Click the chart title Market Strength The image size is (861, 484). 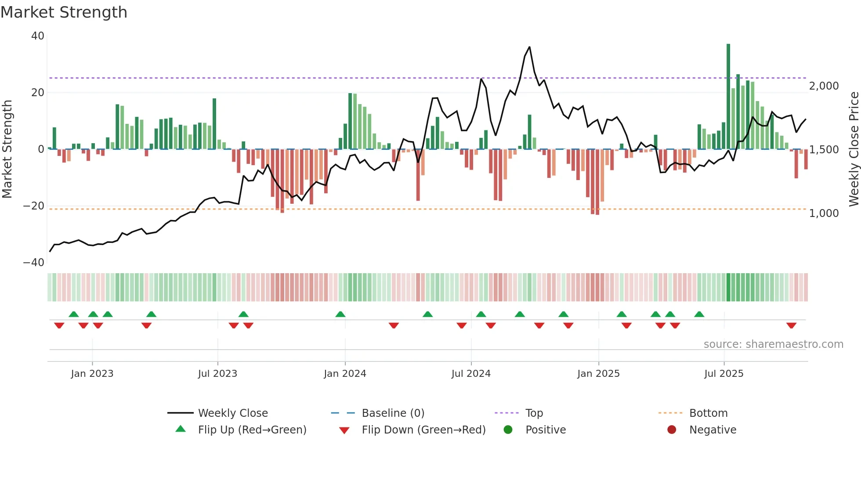pyautogui.click(x=64, y=12)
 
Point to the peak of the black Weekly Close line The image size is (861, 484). pyautogui.click(x=529, y=47)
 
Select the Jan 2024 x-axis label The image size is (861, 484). pyautogui.click(x=345, y=374)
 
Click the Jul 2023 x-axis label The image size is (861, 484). pyautogui.click(x=217, y=374)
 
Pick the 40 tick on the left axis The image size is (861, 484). pyautogui.click(x=38, y=36)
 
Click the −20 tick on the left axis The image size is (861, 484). pyautogui.click(x=34, y=206)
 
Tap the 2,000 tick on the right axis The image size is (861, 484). pyautogui.click(x=824, y=86)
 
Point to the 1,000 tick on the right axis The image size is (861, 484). pyautogui.click(x=824, y=213)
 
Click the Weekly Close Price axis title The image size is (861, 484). pyautogui.click(x=854, y=149)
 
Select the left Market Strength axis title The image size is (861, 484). pyautogui.click(x=7, y=149)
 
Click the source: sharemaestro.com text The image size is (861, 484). pyautogui.click(x=773, y=344)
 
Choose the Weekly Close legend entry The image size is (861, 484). pyautogui.click(x=232, y=413)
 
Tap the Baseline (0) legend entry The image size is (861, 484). pyautogui.click(x=393, y=413)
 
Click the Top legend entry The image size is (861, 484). pyautogui.click(x=534, y=413)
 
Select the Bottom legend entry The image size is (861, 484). pyautogui.click(x=708, y=413)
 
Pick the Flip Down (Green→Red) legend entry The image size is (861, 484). pyautogui.click(x=423, y=430)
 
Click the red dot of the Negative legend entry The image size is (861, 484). pyautogui.click(x=672, y=430)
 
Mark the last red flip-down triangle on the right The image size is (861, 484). pyautogui.click(x=791, y=325)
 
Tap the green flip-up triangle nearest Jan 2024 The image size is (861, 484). pyautogui.click(x=340, y=314)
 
